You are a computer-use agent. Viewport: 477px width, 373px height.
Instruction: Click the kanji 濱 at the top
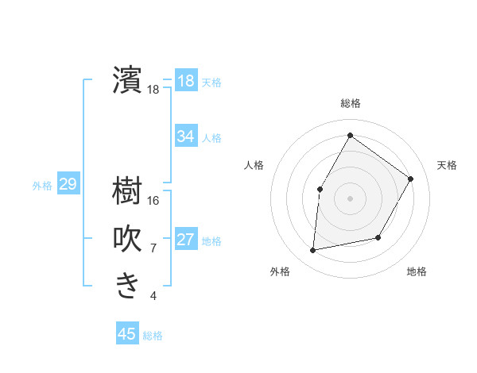pos(128,81)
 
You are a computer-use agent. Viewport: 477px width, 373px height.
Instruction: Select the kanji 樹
pos(128,191)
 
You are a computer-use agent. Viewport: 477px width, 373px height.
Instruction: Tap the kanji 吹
pos(128,238)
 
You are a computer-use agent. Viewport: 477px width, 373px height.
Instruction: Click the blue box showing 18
pos(186,81)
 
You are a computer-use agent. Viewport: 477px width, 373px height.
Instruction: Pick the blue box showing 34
pos(186,137)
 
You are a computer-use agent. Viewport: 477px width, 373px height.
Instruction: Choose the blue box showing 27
pos(186,240)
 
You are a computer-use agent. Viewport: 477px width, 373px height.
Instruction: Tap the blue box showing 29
pos(68,185)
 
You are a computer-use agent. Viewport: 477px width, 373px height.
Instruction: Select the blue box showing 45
pos(127,334)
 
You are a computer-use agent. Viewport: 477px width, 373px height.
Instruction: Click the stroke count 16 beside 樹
pos(153,201)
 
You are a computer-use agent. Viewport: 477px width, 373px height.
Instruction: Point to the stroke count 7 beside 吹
pos(153,248)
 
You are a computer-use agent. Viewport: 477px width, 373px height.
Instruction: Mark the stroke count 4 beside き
pos(153,296)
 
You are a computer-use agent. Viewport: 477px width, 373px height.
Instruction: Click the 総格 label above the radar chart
pos(351,103)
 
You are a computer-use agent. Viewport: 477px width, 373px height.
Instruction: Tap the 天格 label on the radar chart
pos(448,165)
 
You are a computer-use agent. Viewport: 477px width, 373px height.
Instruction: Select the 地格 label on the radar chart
pos(417,271)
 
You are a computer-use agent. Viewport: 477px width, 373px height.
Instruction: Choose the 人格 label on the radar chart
pos(254,165)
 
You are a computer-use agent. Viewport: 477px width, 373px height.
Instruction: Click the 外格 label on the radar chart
pos(280,271)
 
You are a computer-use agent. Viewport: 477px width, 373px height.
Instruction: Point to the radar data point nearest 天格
pos(410,179)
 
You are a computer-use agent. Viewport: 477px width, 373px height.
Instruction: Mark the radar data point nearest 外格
pos(313,251)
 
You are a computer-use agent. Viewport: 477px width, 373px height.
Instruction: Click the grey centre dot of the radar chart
pos(350,198)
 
